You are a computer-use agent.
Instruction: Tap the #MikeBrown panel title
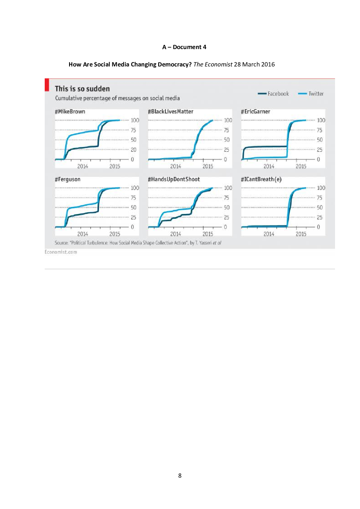(x=70, y=112)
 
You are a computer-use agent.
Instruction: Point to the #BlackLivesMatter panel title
(x=170, y=112)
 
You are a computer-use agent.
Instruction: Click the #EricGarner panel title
(x=255, y=112)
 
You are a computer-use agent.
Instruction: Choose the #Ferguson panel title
(x=68, y=179)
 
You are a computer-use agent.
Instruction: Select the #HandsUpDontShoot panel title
(x=174, y=179)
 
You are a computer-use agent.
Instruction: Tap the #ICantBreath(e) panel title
(x=261, y=179)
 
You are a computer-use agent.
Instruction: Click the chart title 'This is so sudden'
(x=82, y=89)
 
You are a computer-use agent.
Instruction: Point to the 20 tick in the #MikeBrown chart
(x=133, y=150)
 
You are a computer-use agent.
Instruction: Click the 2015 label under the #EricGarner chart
(x=301, y=166)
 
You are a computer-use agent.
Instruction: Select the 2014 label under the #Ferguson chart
(x=82, y=234)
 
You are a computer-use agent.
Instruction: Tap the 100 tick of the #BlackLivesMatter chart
(x=228, y=120)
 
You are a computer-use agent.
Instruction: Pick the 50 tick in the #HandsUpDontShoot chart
(x=226, y=207)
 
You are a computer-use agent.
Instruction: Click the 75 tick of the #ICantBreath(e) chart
(x=319, y=198)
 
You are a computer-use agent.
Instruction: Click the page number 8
(x=180, y=476)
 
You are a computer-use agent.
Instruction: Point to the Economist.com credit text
(x=61, y=252)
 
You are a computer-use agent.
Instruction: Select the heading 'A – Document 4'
(x=184, y=47)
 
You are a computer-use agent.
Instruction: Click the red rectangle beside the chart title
(x=47, y=85)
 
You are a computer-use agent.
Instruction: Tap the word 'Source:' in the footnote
(x=61, y=243)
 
